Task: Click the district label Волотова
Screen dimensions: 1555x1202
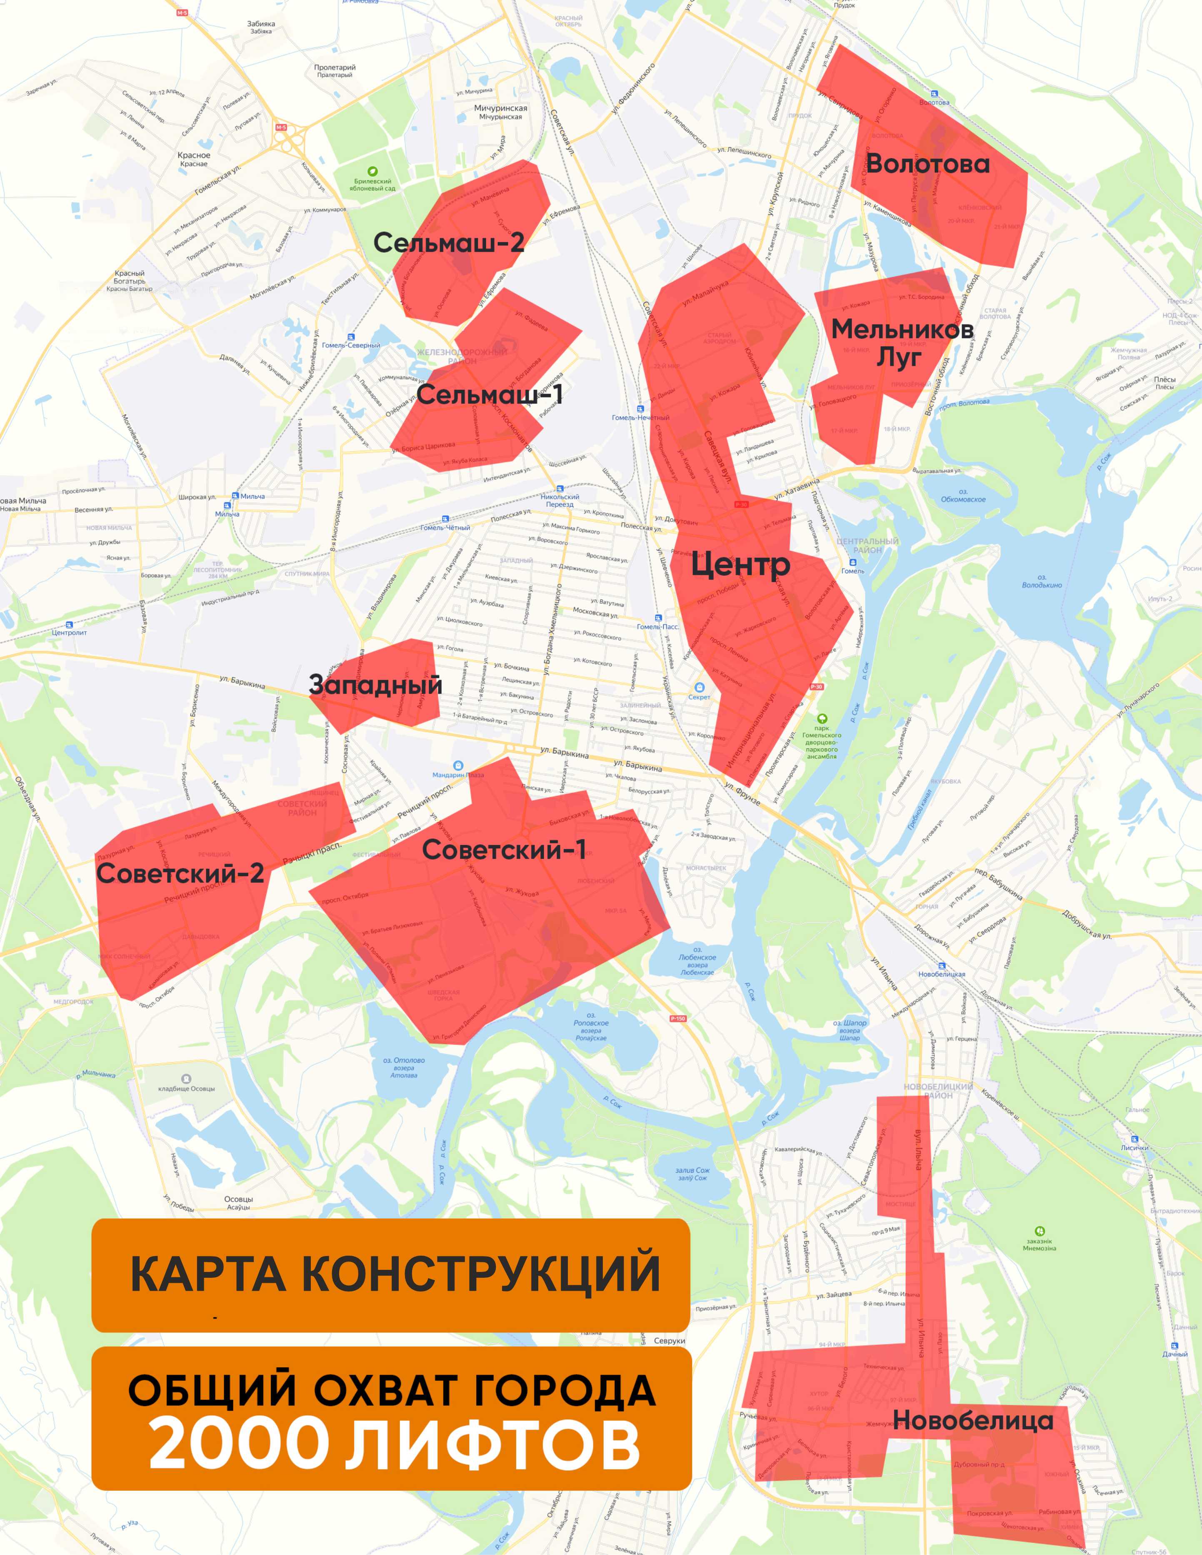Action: tap(927, 164)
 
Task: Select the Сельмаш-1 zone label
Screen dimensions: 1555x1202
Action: tap(490, 394)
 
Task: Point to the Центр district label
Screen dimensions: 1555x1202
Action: tap(740, 564)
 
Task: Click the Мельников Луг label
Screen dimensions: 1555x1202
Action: tap(902, 342)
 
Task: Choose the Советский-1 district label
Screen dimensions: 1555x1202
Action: tap(503, 849)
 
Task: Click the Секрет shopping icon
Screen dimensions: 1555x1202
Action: tap(700, 687)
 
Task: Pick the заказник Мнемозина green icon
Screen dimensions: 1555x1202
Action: tap(1040, 1230)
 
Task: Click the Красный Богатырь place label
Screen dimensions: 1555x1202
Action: tap(130, 281)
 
